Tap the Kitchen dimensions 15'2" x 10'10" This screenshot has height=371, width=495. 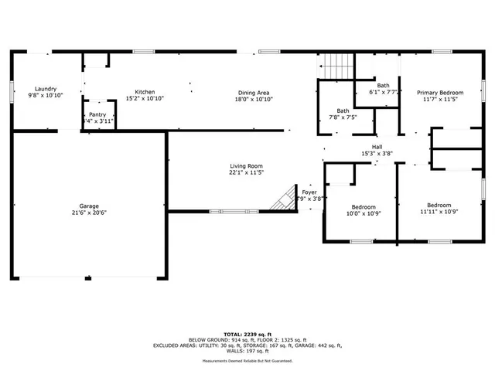(x=145, y=99)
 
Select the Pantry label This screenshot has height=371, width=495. (x=97, y=114)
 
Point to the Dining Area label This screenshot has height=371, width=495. (x=253, y=93)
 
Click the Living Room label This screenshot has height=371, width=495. (x=246, y=166)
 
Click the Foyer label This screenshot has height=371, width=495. (x=309, y=192)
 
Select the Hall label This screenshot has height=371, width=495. (x=377, y=147)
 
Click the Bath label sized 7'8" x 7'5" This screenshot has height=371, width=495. (x=342, y=111)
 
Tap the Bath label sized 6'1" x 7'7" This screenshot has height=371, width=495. (x=383, y=85)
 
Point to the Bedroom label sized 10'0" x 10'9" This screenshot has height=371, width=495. (x=364, y=207)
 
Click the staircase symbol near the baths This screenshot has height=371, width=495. (x=336, y=66)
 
